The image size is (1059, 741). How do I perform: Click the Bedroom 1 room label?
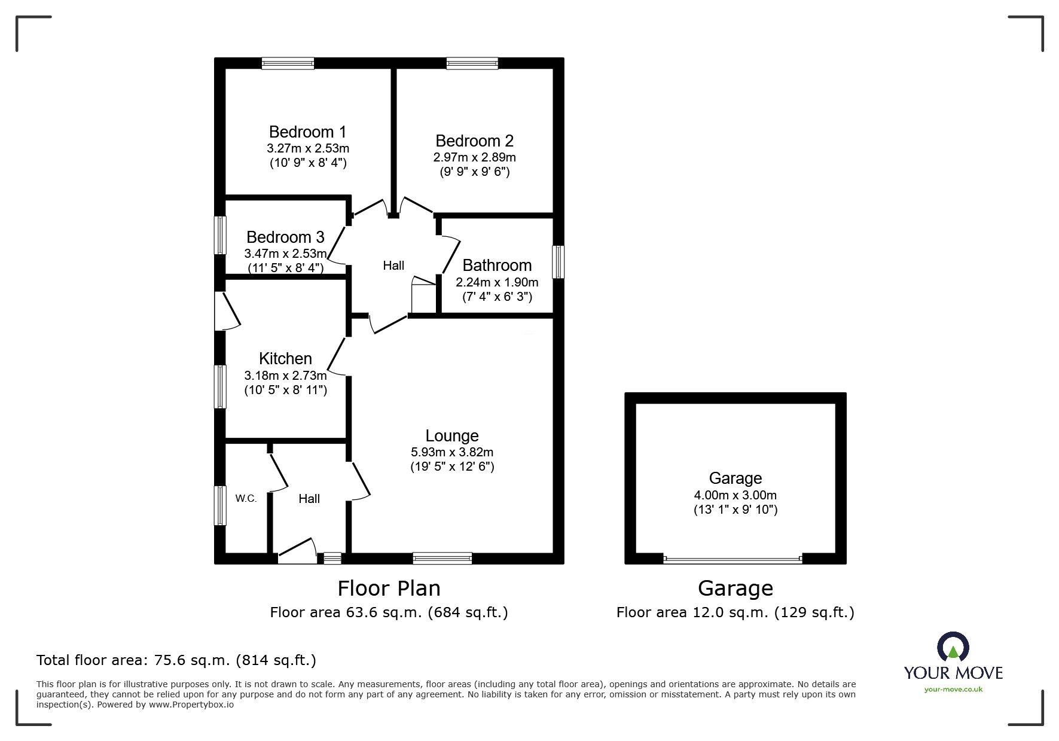pos(307,132)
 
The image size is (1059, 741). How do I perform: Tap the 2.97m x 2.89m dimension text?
pos(474,158)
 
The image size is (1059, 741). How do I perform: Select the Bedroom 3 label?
pos(285,237)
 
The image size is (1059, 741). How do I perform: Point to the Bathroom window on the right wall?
pos(558,261)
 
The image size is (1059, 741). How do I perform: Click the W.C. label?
pos(246,498)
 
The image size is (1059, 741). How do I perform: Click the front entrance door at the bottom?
pos(297,551)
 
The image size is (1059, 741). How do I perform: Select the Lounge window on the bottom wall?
pos(442,558)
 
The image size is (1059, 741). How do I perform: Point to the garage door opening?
pos(733,560)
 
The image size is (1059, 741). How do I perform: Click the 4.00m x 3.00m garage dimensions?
pos(735,495)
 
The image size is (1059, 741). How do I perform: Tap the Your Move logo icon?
pos(953,647)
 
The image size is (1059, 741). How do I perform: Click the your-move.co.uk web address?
pos(953,690)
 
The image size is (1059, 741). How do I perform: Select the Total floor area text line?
pos(176,660)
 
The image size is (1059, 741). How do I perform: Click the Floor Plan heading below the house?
pos(389,588)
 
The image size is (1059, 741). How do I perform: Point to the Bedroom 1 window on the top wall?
pos(288,63)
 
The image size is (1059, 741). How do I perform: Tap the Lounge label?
pos(452,436)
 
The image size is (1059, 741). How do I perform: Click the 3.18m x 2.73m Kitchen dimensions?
pos(285,376)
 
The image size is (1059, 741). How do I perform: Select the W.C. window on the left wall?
pos(221,505)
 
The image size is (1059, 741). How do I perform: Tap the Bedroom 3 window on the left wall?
pos(221,235)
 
